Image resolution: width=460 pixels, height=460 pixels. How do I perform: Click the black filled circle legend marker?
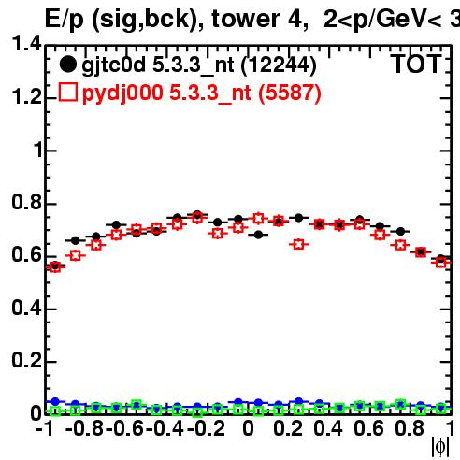67,65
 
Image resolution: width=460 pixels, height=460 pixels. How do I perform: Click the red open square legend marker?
68,93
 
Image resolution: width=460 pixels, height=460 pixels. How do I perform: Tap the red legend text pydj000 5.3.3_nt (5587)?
202,93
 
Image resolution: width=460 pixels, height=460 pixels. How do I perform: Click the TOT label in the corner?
416,64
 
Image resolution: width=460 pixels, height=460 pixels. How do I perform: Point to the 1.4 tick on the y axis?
26,43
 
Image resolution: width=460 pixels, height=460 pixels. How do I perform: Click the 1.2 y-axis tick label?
26,96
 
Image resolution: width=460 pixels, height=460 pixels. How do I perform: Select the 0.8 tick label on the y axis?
26,202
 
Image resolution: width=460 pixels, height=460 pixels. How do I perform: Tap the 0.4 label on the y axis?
26,307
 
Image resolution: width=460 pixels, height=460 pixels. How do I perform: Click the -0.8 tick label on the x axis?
84,428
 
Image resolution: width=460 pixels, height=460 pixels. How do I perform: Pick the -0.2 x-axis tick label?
206,428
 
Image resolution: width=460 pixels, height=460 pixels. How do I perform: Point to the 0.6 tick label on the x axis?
368,428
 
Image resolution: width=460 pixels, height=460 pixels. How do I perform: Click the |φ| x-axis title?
440,446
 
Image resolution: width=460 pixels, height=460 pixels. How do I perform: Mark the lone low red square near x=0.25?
298,244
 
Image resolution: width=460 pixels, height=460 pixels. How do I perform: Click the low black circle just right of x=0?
258,235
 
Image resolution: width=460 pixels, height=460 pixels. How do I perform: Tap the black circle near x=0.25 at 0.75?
298,218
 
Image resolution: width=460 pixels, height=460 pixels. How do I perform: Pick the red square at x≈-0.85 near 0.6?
75,255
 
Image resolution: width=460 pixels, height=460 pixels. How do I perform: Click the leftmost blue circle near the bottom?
55,401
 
